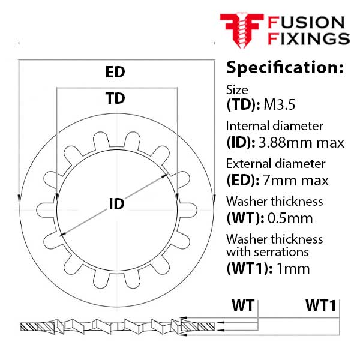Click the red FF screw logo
click(x=242, y=31)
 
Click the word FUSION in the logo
click(x=306, y=23)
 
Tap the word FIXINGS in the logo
click(x=309, y=38)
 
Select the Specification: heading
click(x=284, y=67)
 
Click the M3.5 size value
click(x=280, y=104)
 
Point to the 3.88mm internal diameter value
click(x=284, y=143)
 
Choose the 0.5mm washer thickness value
click(x=290, y=218)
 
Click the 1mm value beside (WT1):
click(x=293, y=268)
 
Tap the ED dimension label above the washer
click(x=115, y=72)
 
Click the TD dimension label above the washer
click(x=115, y=98)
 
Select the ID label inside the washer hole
click(x=116, y=203)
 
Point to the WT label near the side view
click(x=243, y=305)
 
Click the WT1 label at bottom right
click(x=321, y=305)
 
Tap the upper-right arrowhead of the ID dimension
click(x=164, y=176)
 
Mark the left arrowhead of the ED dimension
click(x=19, y=199)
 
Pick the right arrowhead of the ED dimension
click(x=214, y=199)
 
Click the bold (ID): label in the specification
click(x=241, y=143)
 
